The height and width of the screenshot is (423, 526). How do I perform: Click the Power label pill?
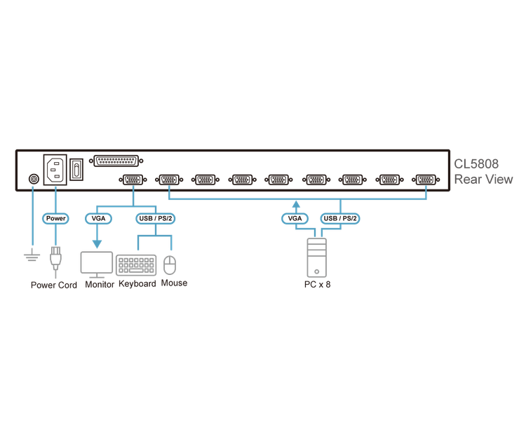point(55,219)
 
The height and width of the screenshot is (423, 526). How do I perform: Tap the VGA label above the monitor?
point(97,219)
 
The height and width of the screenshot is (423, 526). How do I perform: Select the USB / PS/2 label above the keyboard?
point(153,219)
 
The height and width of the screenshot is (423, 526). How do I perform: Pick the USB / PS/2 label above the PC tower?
point(342,219)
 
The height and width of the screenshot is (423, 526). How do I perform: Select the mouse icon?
point(170,264)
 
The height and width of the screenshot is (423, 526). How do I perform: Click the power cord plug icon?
point(55,265)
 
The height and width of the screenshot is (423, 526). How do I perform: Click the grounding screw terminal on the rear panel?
point(31,180)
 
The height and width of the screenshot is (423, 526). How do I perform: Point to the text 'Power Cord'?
point(54,286)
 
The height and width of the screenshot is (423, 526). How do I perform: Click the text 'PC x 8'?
point(316,286)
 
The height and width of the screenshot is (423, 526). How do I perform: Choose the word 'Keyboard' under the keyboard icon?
point(137,284)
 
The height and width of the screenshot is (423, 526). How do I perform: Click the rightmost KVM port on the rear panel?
point(424,180)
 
